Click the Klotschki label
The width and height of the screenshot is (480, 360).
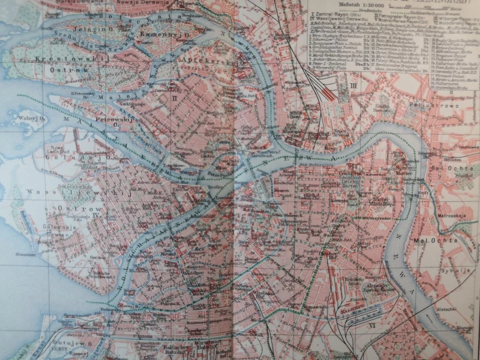click(x=447, y=310)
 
